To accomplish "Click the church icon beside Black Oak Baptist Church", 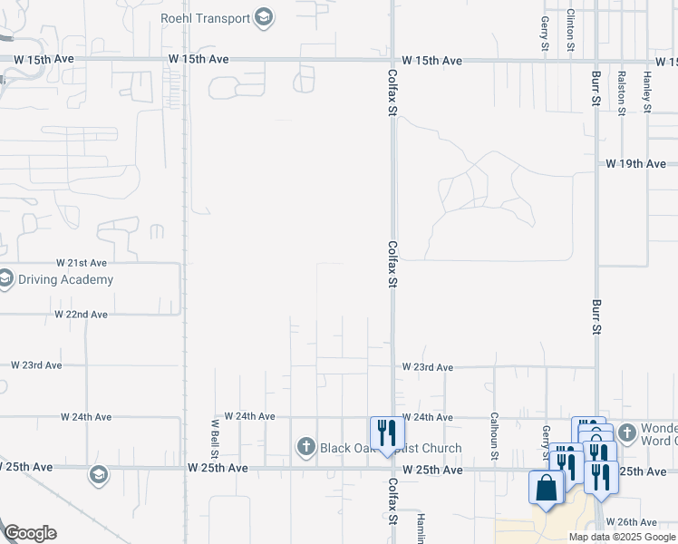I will pyautogui.click(x=306, y=447).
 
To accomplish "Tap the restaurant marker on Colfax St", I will pyautogui.click(x=384, y=432).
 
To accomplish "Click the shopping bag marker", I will pyautogui.click(x=546, y=489).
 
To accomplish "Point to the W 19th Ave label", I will pyautogui.click(x=635, y=164).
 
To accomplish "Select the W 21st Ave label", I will pyautogui.click(x=82, y=261).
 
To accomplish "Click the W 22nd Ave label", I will pyautogui.click(x=81, y=315).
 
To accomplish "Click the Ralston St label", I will pyautogui.click(x=622, y=92).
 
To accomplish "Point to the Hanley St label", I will pyautogui.click(x=647, y=92).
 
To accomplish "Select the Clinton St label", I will pyautogui.click(x=570, y=29).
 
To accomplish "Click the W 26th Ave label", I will pyautogui.click(x=632, y=522).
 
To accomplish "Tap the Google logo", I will pyautogui.click(x=30, y=533).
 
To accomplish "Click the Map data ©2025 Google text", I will pyautogui.click(x=623, y=537).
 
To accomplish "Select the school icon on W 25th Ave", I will pyautogui.click(x=98, y=474).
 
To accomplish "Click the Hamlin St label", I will pyautogui.click(x=421, y=529).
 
